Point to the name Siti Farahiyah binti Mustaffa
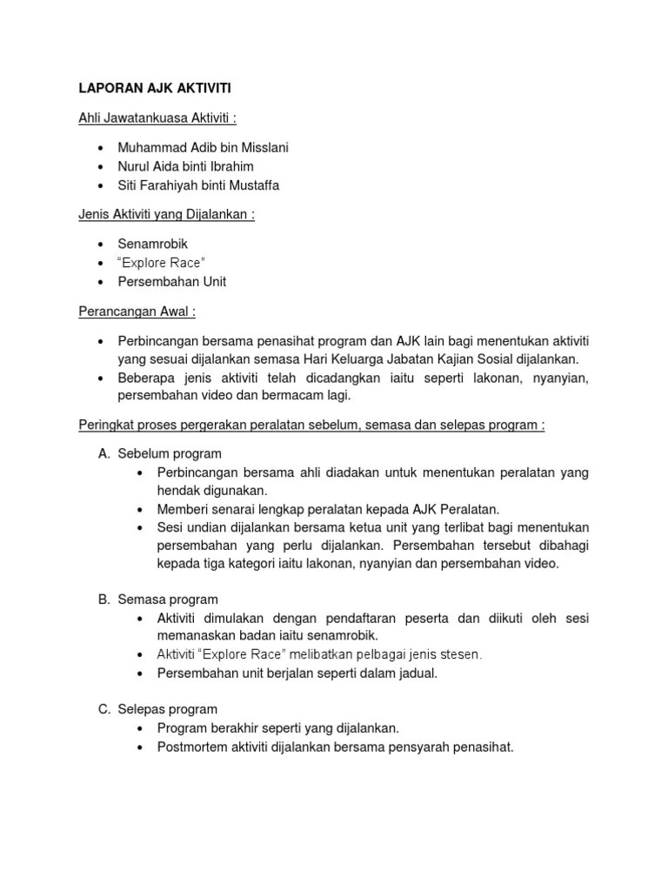[198, 184]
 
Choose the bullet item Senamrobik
[153, 245]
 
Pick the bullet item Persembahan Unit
[172, 281]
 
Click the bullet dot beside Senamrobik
[102, 245]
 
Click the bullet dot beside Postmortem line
[141, 746]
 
